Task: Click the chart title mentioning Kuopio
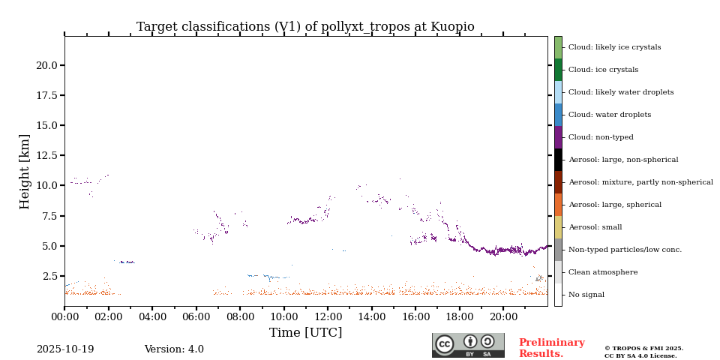pyautogui.click(x=305, y=27)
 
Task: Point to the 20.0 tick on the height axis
pyautogui.click(x=47, y=65)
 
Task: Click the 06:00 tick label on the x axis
pyautogui.click(x=196, y=317)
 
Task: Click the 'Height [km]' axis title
pyautogui.click(x=25, y=171)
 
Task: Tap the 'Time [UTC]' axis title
pyautogui.click(x=305, y=333)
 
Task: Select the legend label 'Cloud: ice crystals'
pyautogui.click(x=603, y=70)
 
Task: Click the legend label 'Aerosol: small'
pyautogui.click(x=595, y=227)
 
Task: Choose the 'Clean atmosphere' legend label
pyautogui.click(x=603, y=272)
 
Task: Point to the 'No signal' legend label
pyautogui.click(x=586, y=295)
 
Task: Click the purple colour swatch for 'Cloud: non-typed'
pyautogui.click(x=558, y=137)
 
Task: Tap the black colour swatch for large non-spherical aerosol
pyautogui.click(x=558, y=160)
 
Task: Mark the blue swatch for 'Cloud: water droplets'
pyautogui.click(x=558, y=115)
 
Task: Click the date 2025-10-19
pyautogui.click(x=65, y=349)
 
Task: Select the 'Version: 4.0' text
pyautogui.click(x=174, y=349)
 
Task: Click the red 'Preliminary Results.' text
pyautogui.click(x=551, y=348)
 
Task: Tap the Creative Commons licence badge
pyautogui.click(x=468, y=345)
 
